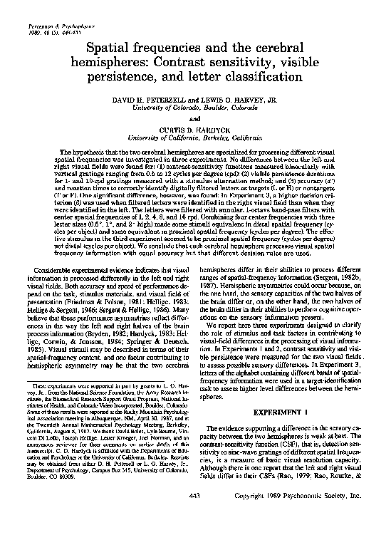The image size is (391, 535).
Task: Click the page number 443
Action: pyautogui.click(x=194, y=515)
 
